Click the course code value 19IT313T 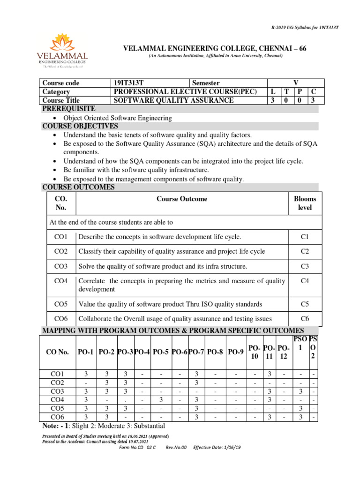[127, 83]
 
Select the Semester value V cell [295, 83]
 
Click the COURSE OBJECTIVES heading [80, 126]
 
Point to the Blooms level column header [304, 203]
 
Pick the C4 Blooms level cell [304, 281]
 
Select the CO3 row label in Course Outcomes [61, 266]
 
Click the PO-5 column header [160, 352]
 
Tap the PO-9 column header [235, 352]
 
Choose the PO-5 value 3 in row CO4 [160, 400]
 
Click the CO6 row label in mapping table [58, 417]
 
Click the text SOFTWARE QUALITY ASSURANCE [173, 100]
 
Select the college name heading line [215, 49]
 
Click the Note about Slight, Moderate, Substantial [104, 426]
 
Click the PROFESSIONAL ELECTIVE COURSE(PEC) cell [186, 92]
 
